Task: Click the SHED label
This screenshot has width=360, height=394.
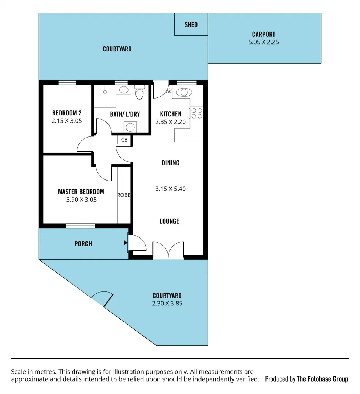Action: (x=191, y=25)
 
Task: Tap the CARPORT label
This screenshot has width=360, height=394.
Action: (x=264, y=35)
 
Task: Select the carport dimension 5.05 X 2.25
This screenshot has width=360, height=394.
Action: (x=264, y=42)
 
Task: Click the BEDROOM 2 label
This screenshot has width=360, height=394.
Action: (x=66, y=113)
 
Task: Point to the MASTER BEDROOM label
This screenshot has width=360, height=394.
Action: (x=81, y=192)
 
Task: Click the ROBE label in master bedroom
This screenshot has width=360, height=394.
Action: (x=124, y=195)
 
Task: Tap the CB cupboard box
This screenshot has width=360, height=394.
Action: (x=124, y=140)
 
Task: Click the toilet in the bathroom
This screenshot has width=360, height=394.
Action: (x=139, y=93)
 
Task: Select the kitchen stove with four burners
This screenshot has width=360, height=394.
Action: (x=196, y=113)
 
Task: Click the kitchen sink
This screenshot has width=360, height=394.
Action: (x=183, y=93)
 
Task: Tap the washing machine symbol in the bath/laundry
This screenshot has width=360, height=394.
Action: (x=130, y=127)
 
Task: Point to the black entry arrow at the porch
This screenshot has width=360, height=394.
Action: (x=126, y=243)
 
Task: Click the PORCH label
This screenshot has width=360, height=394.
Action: (x=83, y=244)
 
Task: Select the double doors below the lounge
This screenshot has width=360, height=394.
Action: (x=168, y=250)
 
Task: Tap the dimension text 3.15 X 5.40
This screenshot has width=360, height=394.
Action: (x=171, y=189)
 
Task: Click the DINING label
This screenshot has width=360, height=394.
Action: (x=171, y=163)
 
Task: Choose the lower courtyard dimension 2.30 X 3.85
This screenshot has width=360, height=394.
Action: (x=167, y=303)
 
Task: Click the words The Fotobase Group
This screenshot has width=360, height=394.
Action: (x=322, y=379)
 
